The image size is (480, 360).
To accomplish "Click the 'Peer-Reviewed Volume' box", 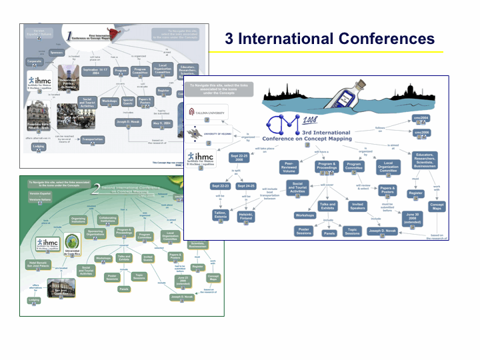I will tap(289, 167).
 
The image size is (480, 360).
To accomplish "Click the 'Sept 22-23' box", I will tap(221, 186).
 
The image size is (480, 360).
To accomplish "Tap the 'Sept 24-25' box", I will tap(246, 186).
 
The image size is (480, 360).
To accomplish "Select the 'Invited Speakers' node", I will tap(358, 207).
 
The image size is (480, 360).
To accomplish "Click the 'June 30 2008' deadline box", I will tap(411, 217).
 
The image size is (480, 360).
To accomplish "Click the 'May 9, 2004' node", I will tap(163, 123).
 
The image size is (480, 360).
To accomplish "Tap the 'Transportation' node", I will tap(92, 140).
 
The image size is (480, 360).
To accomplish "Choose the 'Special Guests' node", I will tap(128, 101).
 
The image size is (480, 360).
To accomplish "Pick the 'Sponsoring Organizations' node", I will tap(96, 234).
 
